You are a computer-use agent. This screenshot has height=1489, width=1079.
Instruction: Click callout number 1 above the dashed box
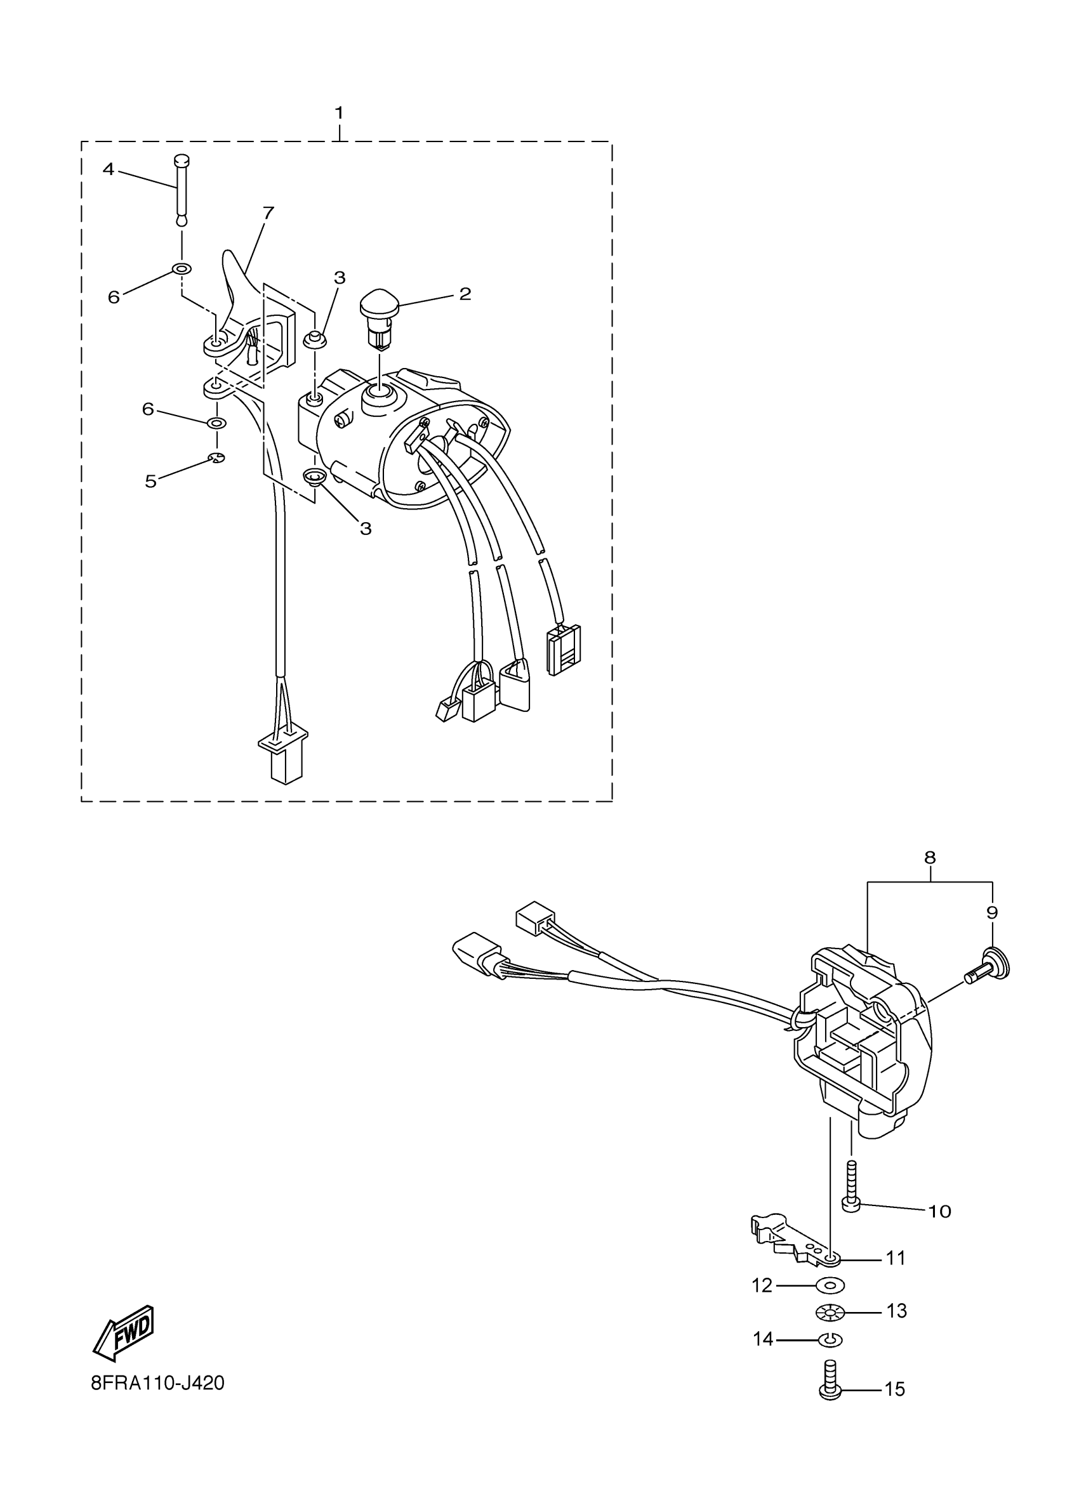[339, 113]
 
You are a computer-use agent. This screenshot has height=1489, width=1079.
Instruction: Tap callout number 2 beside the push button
[465, 294]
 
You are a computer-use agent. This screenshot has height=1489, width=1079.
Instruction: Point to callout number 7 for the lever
[268, 213]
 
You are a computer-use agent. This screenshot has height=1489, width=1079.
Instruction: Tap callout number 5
[151, 482]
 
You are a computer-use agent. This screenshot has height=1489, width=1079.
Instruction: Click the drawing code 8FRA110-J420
[157, 1383]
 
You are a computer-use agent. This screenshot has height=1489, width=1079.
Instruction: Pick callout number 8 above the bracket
[929, 857]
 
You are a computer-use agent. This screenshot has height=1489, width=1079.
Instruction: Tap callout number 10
[940, 1211]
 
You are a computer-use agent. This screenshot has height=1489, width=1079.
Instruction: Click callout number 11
[896, 1258]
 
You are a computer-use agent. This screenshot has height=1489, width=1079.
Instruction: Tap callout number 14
[762, 1339]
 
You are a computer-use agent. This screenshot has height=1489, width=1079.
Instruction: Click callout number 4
[109, 169]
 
